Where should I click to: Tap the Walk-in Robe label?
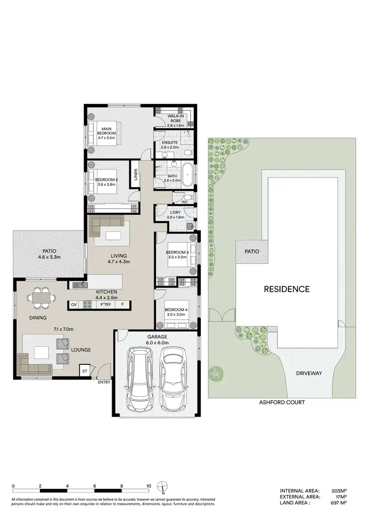pos(175,120)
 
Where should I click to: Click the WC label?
pos(184,202)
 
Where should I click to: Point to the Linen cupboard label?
pos(136,175)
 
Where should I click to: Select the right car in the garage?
pos(173,379)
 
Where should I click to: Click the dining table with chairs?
pos(41,297)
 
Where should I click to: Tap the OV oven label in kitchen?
pos(74,305)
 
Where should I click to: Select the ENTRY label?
pos(104,382)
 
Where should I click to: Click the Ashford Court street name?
pos(282,402)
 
